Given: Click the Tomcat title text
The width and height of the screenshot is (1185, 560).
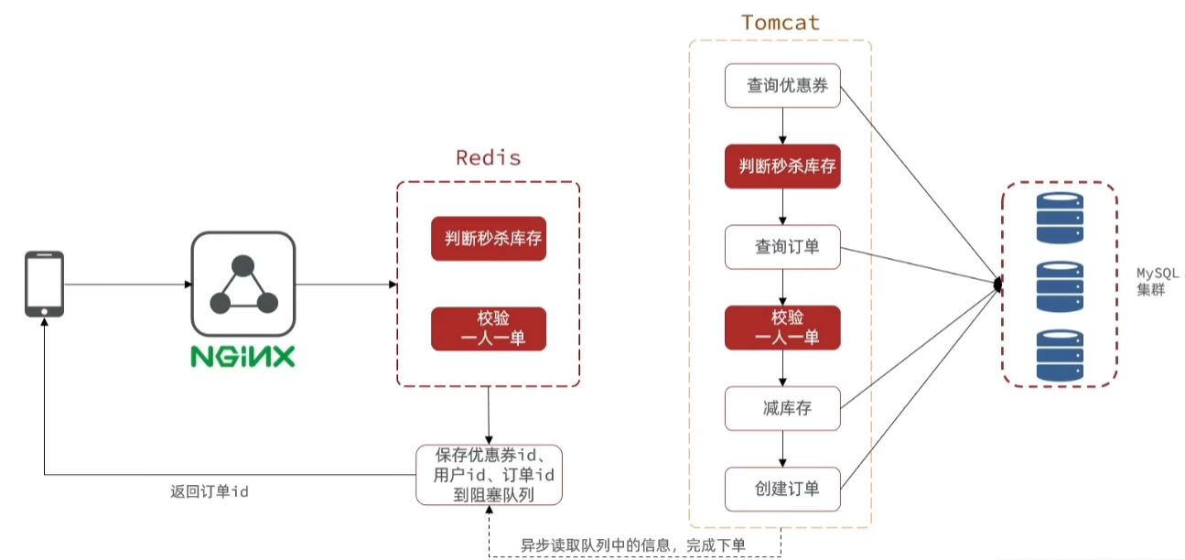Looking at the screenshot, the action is coord(781,23).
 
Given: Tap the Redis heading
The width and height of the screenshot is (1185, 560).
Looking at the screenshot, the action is coord(489,157).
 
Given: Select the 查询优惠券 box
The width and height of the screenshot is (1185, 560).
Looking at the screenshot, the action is coord(782,86).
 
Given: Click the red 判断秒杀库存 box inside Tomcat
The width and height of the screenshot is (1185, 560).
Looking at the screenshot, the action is coord(782,166).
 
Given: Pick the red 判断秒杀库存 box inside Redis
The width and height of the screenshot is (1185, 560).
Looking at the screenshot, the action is coord(489,239).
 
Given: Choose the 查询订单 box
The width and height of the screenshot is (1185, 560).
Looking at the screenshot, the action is coord(782,247).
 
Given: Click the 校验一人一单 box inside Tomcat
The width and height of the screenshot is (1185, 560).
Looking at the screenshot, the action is coord(782,328).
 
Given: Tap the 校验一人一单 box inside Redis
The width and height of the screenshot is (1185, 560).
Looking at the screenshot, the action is coord(489,328).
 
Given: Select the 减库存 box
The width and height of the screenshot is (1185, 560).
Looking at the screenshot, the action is coord(782,408).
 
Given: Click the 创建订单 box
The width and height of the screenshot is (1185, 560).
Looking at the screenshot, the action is coord(782,490).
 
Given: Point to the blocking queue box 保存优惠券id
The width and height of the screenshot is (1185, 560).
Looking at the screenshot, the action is coord(489,475).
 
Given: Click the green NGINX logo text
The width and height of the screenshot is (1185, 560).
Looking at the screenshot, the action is coord(242,357).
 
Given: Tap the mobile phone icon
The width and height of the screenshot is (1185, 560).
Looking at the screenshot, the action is coord(45,284).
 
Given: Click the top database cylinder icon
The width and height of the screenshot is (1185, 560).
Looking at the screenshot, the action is coord(1060,218).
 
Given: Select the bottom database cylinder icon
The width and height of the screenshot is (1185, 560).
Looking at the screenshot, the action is coord(1060,355).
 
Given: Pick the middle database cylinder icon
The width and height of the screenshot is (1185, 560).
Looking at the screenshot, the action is coord(1060,286).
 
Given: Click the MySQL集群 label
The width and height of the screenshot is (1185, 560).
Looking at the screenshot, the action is coord(1158,281).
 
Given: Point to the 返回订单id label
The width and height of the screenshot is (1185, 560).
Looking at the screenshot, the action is coord(210,491).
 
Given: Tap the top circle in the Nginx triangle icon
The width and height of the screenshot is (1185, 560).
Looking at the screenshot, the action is coord(242,266).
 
